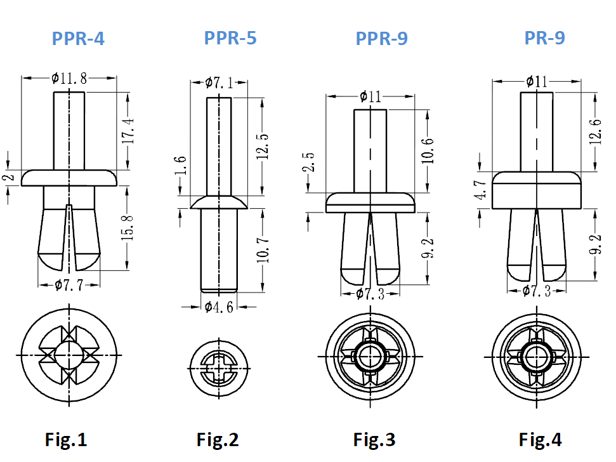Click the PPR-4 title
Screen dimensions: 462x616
tap(78, 39)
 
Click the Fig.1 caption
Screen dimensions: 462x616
tap(66, 439)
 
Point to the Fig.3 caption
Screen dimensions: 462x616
tap(374, 439)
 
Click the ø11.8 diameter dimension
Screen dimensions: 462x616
tap(69, 78)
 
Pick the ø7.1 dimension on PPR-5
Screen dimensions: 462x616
tap(219, 82)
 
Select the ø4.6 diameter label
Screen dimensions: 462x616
tap(219, 307)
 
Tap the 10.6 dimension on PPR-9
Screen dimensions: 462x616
tap(427, 150)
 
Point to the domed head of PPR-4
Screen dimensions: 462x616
tap(69, 177)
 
